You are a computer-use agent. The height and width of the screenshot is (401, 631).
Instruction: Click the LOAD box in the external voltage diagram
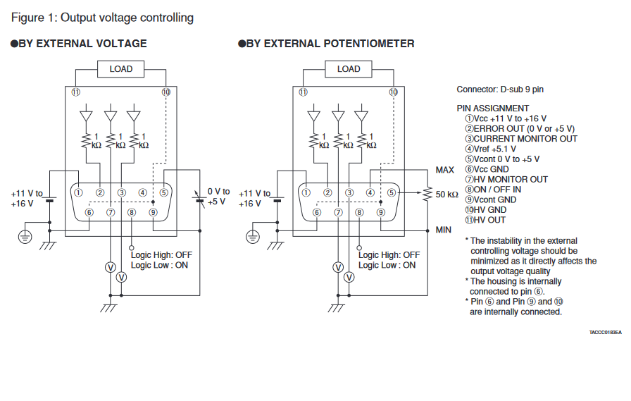(120, 69)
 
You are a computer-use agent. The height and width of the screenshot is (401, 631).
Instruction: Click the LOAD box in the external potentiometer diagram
(349, 69)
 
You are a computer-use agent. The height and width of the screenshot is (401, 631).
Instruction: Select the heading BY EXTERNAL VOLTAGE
(82, 44)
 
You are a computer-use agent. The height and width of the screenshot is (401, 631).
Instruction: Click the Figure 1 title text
(101, 18)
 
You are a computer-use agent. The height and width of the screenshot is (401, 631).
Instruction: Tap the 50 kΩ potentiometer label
(447, 194)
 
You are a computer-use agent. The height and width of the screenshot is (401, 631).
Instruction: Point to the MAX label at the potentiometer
(444, 170)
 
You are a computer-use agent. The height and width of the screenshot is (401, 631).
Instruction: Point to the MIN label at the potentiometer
(443, 230)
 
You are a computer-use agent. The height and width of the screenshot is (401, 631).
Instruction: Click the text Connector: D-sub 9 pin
(500, 90)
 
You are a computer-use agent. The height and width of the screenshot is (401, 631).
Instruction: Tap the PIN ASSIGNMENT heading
(492, 109)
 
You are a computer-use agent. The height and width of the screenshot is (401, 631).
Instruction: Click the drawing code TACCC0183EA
(606, 332)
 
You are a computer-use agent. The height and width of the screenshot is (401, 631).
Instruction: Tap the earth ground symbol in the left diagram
(26, 237)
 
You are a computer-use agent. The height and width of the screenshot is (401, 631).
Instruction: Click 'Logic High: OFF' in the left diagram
(161, 255)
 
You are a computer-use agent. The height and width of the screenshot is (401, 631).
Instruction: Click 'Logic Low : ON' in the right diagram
(387, 265)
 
